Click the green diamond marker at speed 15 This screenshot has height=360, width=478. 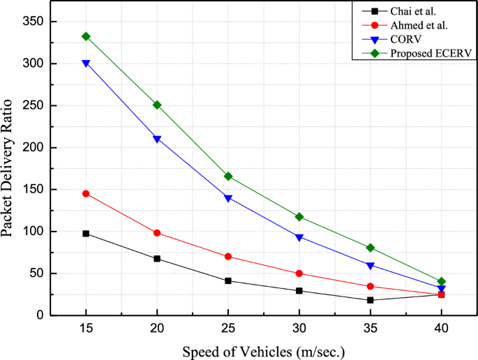click(x=86, y=36)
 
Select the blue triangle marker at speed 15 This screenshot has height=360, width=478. click(x=86, y=63)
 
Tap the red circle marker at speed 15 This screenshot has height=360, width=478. click(x=86, y=193)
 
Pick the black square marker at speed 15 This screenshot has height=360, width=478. click(x=86, y=234)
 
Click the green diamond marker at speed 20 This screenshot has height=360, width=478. click(x=157, y=105)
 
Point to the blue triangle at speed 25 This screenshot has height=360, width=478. click(x=228, y=198)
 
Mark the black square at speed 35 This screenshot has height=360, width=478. click(x=371, y=300)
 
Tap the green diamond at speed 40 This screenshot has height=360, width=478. click(x=442, y=281)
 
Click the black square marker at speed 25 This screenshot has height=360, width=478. click(x=228, y=280)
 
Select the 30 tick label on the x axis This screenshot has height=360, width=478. click(x=299, y=327)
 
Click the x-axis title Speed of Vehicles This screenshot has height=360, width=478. click(x=264, y=351)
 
